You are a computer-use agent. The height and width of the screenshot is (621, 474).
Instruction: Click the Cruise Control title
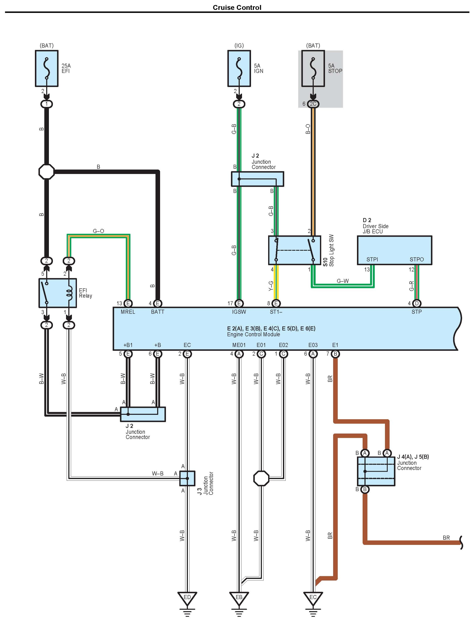[x=237, y=8]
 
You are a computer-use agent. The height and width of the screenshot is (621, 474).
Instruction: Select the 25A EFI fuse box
[x=47, y=68]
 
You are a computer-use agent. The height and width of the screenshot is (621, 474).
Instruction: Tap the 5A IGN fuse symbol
[x=239, y=68]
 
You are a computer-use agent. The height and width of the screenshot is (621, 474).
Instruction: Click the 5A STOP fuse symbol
[x=313, y=68]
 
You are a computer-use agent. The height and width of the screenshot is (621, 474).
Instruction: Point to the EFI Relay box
[x=57, y=293]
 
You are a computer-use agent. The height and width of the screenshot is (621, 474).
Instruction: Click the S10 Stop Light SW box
[x=294, y=250]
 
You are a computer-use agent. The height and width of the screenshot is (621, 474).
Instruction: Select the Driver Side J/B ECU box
[x=394, y=250]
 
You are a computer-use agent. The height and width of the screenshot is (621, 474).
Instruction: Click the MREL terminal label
[x=128, y=312]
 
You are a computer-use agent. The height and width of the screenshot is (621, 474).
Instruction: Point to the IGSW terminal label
[x=239, y=312]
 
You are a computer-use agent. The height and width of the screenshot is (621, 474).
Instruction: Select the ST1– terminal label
[x=276, y=312]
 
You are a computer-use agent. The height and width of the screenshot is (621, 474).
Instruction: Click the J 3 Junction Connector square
[x=187, y=478]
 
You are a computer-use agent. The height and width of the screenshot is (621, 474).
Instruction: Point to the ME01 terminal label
[x=239, y=345]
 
